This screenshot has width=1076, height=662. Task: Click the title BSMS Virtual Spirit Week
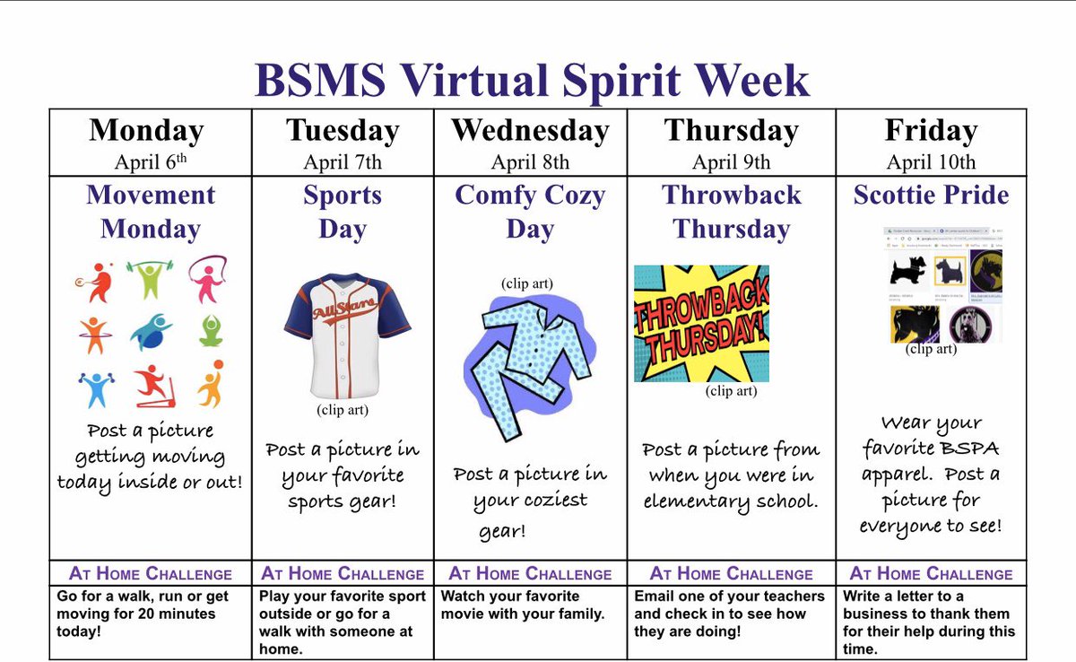click(x=532, y=81)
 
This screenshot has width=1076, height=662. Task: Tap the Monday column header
click(x=146, y=131)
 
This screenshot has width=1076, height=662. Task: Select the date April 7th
click(x=342, y=162)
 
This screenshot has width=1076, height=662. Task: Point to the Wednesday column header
click(x=530, y=131)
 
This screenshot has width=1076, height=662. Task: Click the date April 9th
click(x=731, y=162)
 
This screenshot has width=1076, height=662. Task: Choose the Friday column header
click(x=931, y=131)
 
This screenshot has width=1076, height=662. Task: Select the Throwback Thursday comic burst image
click(x=701, y=323)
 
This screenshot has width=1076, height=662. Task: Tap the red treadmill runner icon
click(x=152, y=387)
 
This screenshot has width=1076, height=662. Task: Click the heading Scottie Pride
click(x=931, y=196)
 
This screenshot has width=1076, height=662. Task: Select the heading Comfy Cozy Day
click(x=530, y=212)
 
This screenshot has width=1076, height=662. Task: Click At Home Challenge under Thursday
click(x=732, y=574)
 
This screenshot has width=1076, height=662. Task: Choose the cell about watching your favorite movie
click(x=529, y=605)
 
